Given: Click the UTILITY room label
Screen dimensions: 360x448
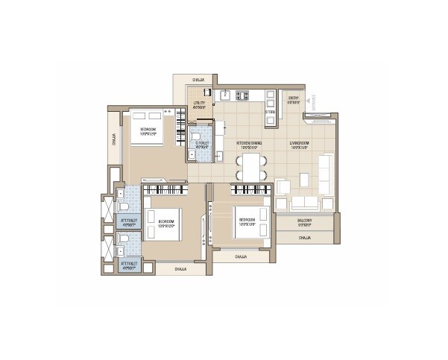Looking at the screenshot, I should pyautogui.click(x=199, y=106).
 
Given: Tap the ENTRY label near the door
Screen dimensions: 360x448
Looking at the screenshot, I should pyautogui.click(x=293, y=100).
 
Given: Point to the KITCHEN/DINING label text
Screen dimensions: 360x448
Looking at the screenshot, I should pyautogui.click(x=248, y=145).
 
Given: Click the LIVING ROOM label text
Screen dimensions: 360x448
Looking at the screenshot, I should pyautogui.click(x=300, y=145).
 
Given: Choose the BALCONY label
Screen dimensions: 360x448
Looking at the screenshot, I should pyautogui.click(x=304, y=221).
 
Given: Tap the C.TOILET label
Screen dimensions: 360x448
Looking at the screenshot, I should pyautogui.click(x=201, y=145).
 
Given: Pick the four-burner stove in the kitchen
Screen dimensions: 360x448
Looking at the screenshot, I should pyautogui.click(x=243, y=95).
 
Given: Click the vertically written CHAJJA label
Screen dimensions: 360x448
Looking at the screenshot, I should pyautogui.click(x=115, y=139).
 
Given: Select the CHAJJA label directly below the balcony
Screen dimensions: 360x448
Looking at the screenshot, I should pyautogui.click(x=304, y=238).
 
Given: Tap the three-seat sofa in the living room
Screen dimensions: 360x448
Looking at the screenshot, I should pyautogui.click(x=303, y=203).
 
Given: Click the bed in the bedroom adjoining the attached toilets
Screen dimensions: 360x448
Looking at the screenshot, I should pyautogui.click(x=163, y=221).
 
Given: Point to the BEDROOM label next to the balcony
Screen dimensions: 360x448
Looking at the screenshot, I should pyautogui.click(x=247, y=221).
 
